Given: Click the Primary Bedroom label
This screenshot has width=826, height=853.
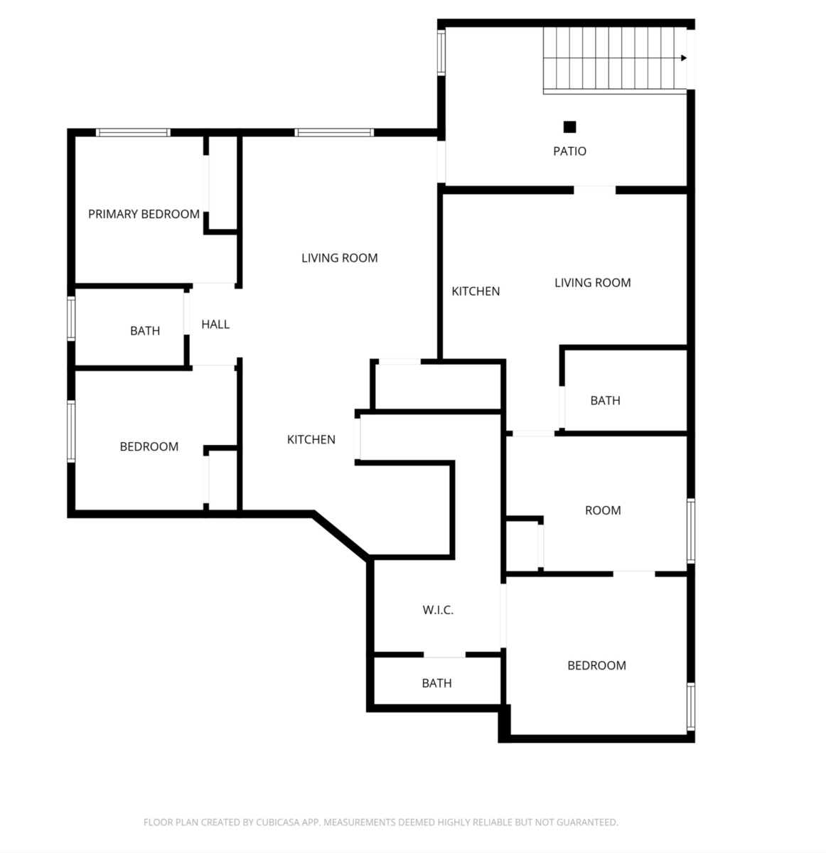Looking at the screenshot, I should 144,214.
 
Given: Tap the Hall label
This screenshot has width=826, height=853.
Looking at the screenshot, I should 215,324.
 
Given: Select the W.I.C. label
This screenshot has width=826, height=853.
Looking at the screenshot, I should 438,610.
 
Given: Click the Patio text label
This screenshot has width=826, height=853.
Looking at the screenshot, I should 570,151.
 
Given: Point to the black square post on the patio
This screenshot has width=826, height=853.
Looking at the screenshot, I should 569,127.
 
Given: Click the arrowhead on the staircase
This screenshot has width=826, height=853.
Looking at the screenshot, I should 684,58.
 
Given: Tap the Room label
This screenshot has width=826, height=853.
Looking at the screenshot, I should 603,510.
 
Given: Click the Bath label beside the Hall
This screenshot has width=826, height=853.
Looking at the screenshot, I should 145,331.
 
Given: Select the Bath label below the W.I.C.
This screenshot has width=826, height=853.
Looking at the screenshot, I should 436,683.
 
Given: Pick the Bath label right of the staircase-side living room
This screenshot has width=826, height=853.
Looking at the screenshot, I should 605,401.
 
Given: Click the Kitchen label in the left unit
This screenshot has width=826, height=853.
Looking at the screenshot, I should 311,439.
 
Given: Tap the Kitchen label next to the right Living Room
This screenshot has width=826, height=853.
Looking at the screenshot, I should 476,291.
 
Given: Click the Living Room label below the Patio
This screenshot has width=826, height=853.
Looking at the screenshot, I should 592,283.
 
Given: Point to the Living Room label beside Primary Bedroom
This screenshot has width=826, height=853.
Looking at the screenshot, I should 339,258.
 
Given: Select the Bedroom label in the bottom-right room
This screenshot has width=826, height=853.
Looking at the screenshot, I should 596,665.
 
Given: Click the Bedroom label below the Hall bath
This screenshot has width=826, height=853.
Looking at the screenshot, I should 149,446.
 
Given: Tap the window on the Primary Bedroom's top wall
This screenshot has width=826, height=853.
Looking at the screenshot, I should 133,132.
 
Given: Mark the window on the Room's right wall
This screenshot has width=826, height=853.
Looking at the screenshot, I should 690,531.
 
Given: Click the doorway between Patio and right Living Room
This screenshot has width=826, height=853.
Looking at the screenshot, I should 594,190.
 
